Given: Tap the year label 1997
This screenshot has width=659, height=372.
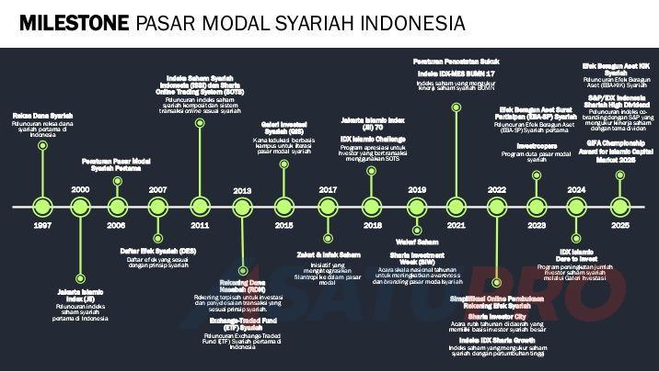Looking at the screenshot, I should pyautogui.click(x=42, y=225).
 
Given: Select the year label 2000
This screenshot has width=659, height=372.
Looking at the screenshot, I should pyautogui.click(x=80, y=189).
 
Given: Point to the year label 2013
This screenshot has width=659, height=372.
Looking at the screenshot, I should pyautogui.click(x=242, y=190).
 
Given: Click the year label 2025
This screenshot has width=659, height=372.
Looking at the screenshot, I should pyautogui.click(x=621, y=225).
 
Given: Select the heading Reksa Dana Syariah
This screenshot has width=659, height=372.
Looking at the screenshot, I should pyautogui.click(x=42, y=116).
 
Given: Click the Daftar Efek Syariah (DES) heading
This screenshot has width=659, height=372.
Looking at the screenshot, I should pyautogui.click(x=157, y=251).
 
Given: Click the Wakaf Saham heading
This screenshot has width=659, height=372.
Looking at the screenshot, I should pyautogui.click(x=417, y=242).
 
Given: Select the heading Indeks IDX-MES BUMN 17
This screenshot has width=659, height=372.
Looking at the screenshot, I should pyautogui.click(x=456, y=73).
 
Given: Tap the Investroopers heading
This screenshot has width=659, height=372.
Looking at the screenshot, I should pyautogui.click(x=537, y=145).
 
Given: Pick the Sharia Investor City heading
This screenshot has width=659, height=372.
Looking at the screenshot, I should pyautogui.click(x=496, y=314).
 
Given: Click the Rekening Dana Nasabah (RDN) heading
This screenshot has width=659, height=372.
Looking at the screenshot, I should pyautogui.click(x=243, y=285).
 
